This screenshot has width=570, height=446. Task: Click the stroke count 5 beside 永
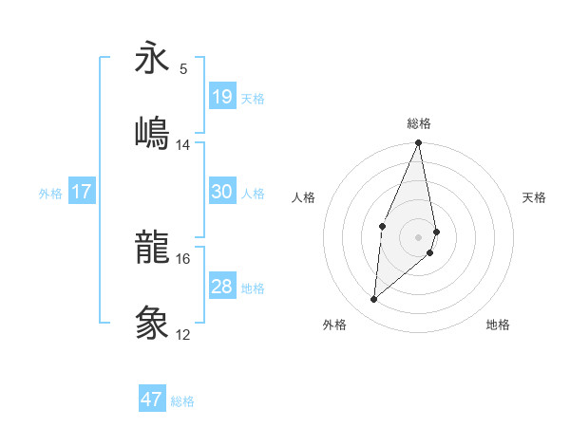(x=183, y=68)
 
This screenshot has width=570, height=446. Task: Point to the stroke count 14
(x=183, y=145)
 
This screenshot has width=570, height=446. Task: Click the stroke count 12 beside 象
(x=183, y=335)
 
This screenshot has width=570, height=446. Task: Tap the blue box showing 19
(x=222, y=96)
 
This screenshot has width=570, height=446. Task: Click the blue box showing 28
(x=222, y=287)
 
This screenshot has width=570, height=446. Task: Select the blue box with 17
(x=82, y=192)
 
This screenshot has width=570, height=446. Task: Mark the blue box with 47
(x=152, y=400)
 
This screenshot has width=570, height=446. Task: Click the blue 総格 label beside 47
(x=182, y=401)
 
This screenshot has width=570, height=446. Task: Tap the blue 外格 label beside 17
(x=50, y=194)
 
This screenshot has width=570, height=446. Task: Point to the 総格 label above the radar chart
(x=419, y=123)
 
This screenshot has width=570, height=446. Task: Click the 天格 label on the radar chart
(x=535, y=197)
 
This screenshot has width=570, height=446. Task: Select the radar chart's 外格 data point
(x=374, y=300)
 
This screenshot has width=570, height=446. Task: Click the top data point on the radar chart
(x=419, y=143)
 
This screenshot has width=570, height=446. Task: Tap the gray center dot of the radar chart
(x=419, y=236)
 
